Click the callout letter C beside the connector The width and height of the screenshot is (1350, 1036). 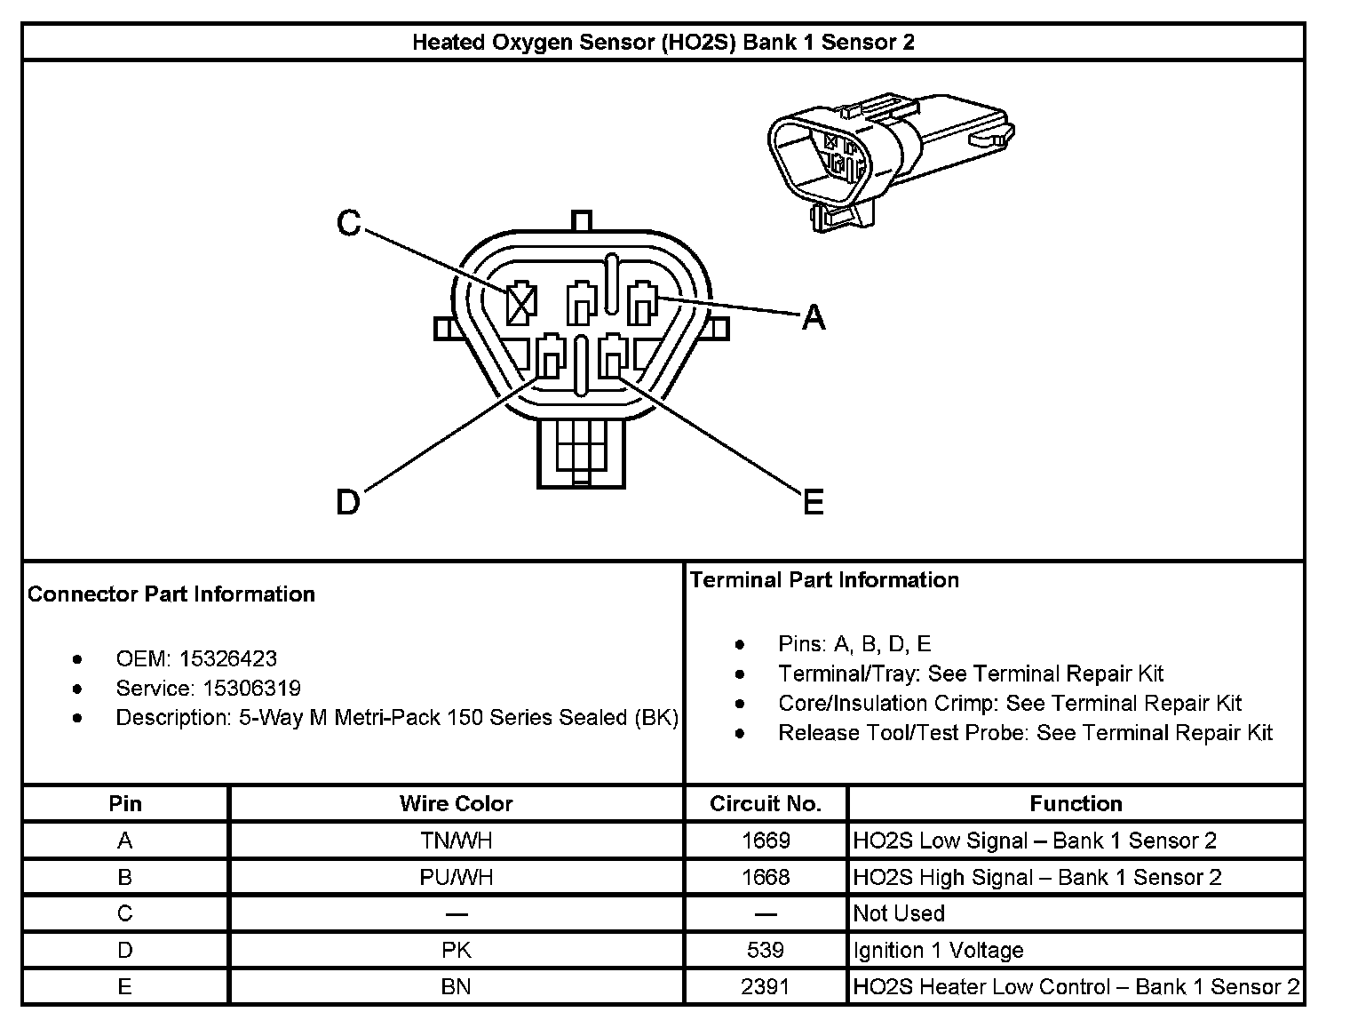[349, 223]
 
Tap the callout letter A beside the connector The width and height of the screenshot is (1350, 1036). [814, 317]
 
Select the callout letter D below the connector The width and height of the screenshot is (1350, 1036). [348, 503]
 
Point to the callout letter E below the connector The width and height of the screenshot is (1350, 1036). [814, 503]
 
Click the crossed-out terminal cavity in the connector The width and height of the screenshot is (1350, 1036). [520, 305]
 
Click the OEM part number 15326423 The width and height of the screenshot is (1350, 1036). [227, 659]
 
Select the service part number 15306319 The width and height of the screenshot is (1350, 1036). [251, 689]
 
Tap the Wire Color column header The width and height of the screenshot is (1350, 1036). [456, 804]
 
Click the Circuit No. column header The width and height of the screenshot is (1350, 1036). [765, 804]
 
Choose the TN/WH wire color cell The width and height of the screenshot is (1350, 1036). [456, 841]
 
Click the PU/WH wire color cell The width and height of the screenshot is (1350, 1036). [456, 878]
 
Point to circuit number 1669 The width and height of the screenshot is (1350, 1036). [765, 841]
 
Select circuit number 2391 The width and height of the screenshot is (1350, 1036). [765, 987]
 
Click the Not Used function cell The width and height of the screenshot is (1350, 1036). [899, 914]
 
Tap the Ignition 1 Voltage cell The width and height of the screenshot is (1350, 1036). [938, 951]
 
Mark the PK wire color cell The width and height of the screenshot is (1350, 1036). [456, 951]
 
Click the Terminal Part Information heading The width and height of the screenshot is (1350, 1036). [824, 580]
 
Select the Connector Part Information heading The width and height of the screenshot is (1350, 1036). [171, 594]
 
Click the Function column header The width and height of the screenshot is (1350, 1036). [1076, 804]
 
